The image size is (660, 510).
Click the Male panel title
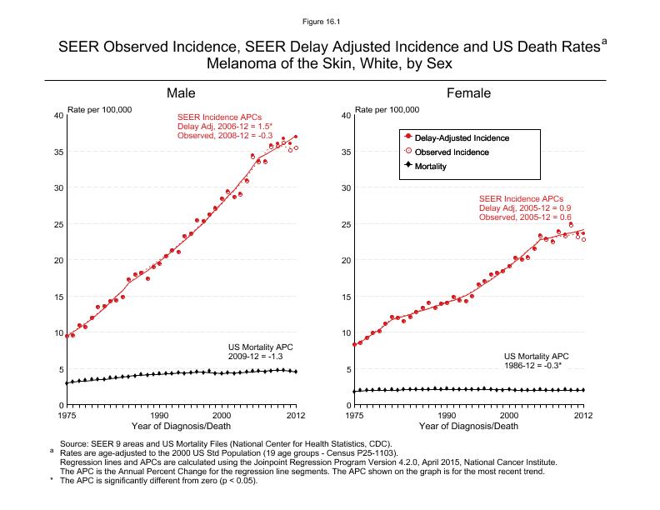point(181,93)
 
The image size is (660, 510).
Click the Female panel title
point(469,93)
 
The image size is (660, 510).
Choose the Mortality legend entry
point(430,167)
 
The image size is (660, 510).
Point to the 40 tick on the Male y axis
point(57,115)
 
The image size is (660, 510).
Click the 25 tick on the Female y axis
point(345,224)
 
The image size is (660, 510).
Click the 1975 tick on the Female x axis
point(355,414)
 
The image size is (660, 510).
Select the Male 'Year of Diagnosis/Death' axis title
point(182,426)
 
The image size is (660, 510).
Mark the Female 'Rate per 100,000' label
point(387,110)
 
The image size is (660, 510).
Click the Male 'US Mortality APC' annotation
point(261,346)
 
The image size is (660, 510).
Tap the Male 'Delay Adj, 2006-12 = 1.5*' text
point(224,126)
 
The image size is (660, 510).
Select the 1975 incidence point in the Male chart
point(67,336)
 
